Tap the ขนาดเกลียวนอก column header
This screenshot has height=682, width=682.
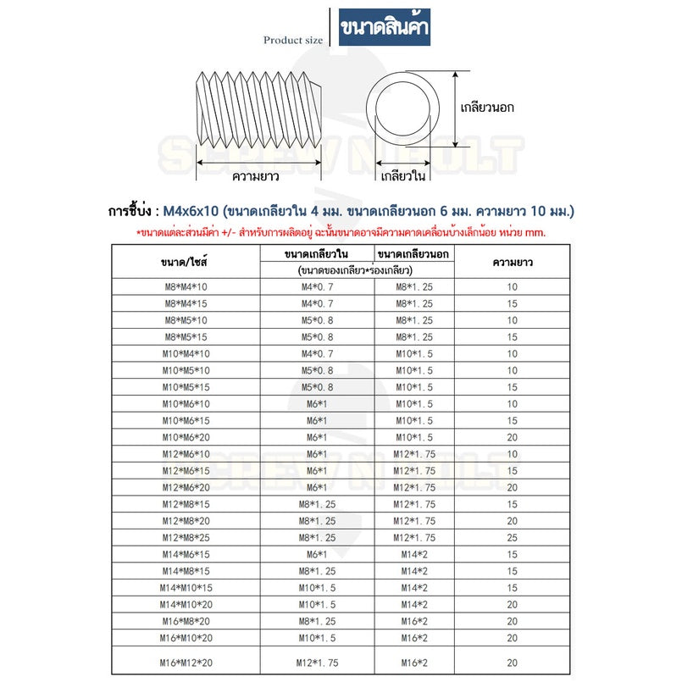tap(413, 253)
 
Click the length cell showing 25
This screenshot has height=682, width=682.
tap(512, 537)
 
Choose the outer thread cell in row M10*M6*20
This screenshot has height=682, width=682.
tap(413, 437)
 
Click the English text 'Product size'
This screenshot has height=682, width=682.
tap(292, 39)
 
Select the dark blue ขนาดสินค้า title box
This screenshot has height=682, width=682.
tap(384, 28)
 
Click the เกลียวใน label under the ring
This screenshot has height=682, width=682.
tap(403, 177)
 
